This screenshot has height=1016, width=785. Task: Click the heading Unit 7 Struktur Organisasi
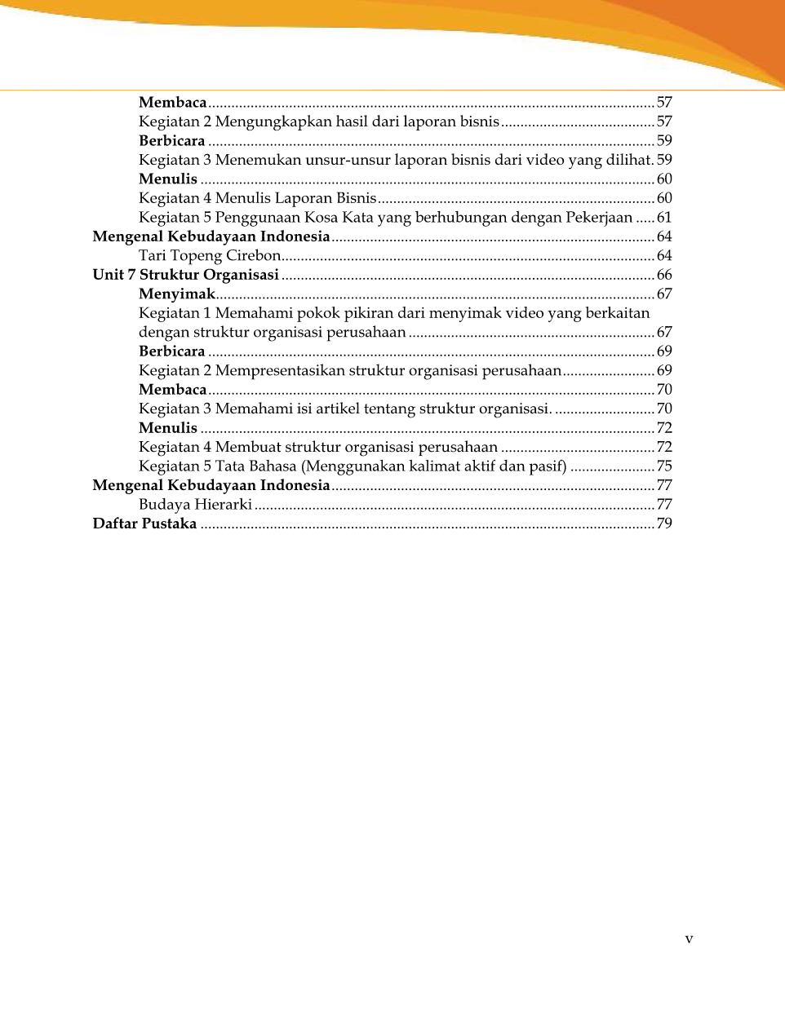click(185, 275)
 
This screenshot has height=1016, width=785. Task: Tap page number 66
click(664, 275)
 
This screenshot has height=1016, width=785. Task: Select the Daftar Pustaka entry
click(144, 523)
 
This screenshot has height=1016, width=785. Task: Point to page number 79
click(664, 523)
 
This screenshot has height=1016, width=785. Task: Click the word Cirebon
click(253, 256)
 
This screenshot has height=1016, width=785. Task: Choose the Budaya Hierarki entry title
click(195, 505)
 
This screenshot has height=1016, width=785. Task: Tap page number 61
click(664, 218)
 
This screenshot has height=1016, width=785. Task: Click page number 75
click(664, 466)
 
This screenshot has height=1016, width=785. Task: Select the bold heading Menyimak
click(176, 294)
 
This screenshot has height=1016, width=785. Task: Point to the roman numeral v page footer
click(689, 939)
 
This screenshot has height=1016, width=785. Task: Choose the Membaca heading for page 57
click(172, 103)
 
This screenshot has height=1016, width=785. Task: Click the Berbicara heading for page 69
click(171, 351)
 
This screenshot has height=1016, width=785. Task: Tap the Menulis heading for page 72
click(167, 428)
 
